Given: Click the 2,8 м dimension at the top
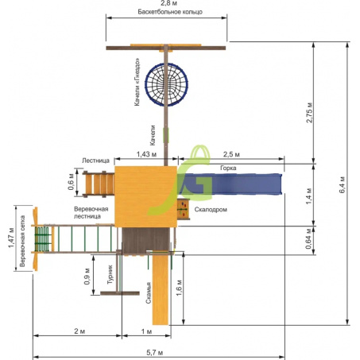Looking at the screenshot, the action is [168, 3].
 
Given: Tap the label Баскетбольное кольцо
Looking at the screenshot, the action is [170, 12].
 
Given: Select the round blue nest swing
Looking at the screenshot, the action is [166, 85].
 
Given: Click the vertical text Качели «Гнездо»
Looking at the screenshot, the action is [137, 82].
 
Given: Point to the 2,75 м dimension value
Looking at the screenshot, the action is [309, 113].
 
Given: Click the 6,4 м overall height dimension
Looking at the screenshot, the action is [343, 184].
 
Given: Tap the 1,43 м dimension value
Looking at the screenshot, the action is [146, 154].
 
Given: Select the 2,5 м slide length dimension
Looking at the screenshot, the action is [231, 154].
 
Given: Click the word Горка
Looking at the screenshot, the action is [228, 168].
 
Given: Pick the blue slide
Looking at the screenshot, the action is [230, 184].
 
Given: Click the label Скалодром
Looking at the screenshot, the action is [211, 210].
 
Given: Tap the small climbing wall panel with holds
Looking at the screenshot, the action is [184, 209].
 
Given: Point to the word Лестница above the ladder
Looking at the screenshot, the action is [95, 161].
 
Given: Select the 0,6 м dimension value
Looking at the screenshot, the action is [71, 182].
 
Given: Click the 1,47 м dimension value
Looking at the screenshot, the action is [11, 238].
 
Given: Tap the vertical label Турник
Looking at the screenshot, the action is [110, 275].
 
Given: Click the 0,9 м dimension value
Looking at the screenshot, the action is [87, 277].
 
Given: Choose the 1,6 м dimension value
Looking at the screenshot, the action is [180, 288].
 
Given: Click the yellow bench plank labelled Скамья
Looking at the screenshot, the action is [161, 288].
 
